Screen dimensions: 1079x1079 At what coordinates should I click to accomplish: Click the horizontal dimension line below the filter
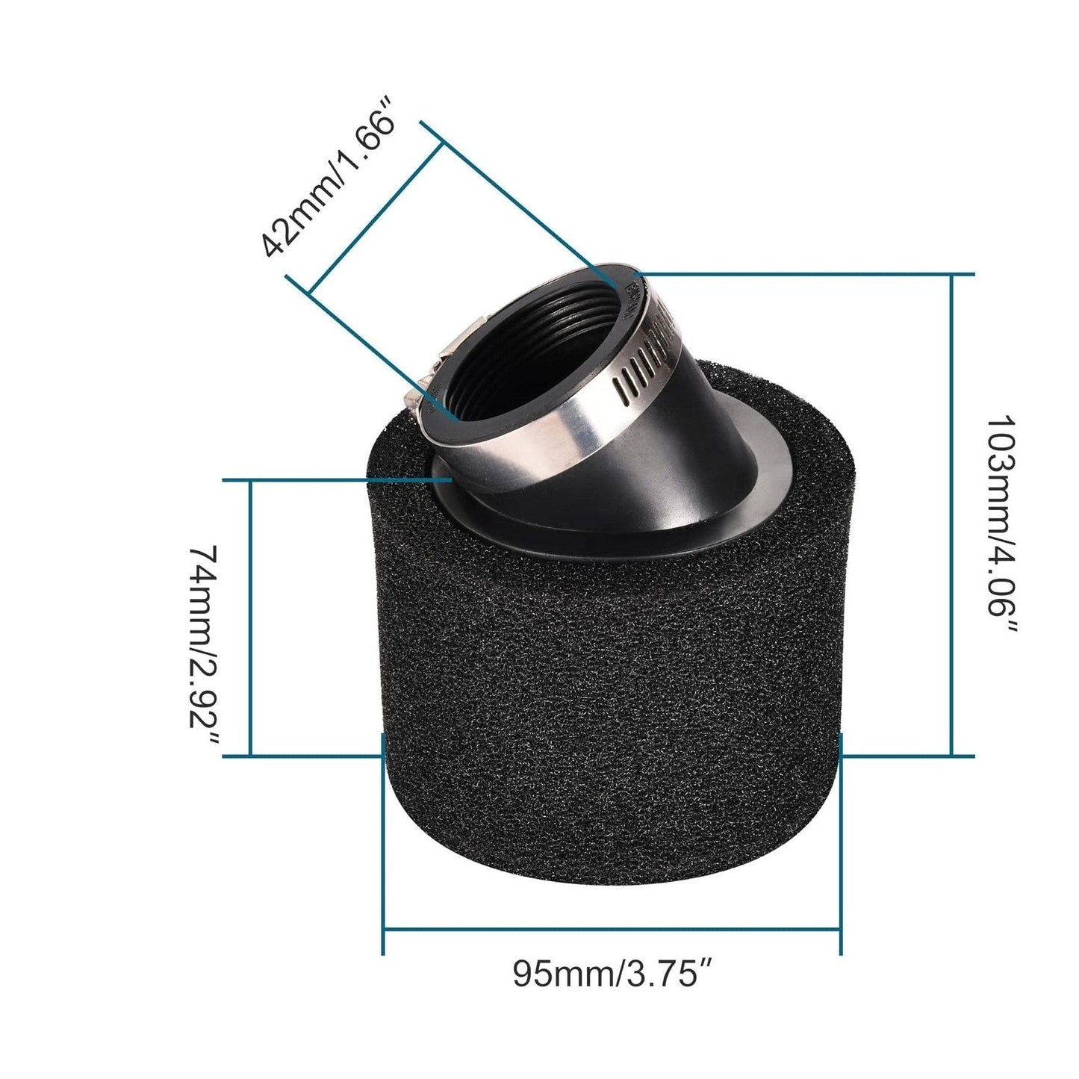612,930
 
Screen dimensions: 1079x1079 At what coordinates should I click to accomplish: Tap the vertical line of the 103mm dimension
952,515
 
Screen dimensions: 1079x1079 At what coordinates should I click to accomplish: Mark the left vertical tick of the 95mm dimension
383,844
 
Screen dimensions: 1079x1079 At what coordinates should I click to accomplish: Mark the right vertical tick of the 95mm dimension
842,844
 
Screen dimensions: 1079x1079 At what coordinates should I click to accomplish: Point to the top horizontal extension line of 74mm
336,480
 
